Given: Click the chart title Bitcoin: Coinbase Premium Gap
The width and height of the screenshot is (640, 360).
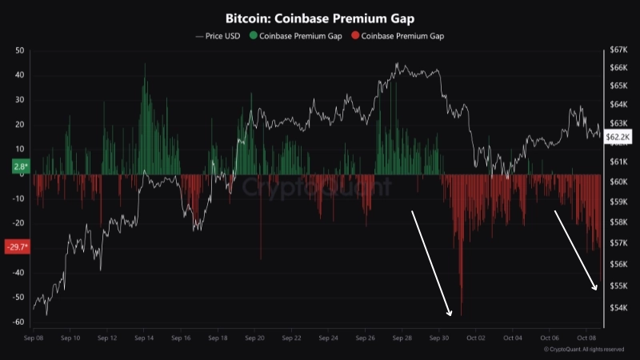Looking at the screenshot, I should click(x=320, y=18).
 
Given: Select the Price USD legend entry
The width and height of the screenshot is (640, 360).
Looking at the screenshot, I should click(x=221, y=36).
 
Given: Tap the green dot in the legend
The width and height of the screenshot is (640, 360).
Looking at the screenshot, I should click(x=254, y=36).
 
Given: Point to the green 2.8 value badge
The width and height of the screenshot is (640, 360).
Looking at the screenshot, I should click(x=19, y=166).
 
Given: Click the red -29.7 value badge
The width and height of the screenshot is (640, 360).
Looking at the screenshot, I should click(x=17, y=246).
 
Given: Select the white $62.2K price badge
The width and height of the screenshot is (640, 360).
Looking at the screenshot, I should click(x=618, y=137).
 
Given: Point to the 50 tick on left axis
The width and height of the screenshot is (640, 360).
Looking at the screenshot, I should click(x=19, y=50).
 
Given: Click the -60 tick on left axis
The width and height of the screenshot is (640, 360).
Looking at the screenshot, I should click(x=18, y=322).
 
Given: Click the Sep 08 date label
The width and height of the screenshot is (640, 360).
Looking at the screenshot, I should click(x=34, y=339).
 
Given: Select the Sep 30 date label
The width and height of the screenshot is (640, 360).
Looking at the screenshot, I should click(x=439, y=339).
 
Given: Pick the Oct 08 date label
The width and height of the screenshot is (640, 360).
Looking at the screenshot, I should click(x=586, y=339).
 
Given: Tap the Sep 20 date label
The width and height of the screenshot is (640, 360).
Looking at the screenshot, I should click(x=255, y=339).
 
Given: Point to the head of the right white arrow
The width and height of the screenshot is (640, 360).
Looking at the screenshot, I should click(x=596, y=289).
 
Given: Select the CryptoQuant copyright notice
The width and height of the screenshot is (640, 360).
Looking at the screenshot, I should click(x=583, y=350).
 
